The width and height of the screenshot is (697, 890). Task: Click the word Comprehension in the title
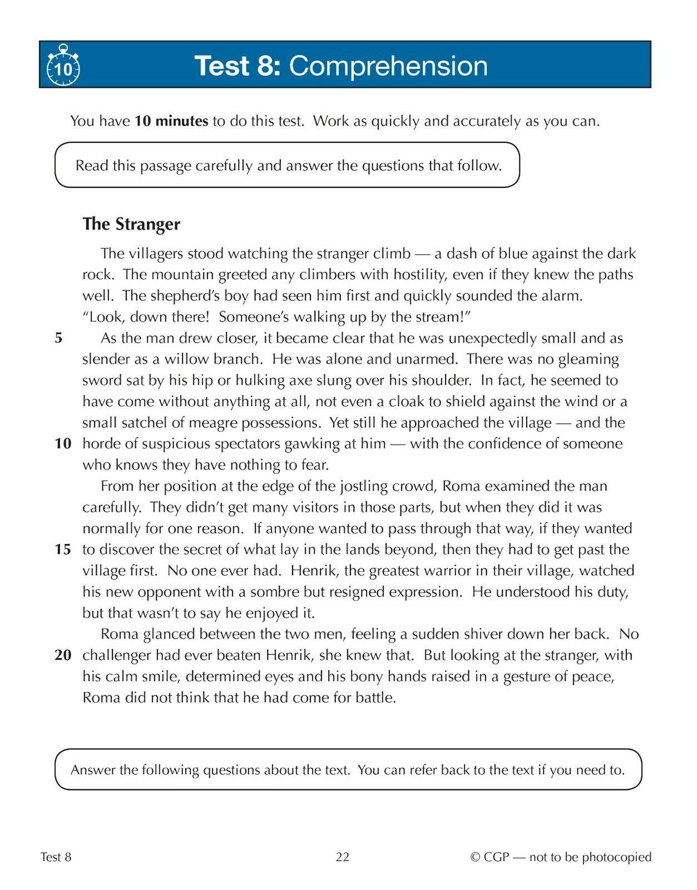click(388, 66)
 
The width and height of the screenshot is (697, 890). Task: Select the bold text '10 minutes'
click(171, 121)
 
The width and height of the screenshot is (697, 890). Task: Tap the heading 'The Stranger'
click(131, 224)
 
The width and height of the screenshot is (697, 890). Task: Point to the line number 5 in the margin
click(59, 338)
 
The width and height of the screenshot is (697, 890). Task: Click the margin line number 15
click(63, 550)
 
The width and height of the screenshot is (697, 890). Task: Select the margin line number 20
click(63, 655)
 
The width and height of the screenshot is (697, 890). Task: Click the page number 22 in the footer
click(343, 857)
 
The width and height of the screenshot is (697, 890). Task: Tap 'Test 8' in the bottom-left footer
click(56, 857)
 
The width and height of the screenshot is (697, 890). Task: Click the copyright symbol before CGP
click(475, 857)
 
